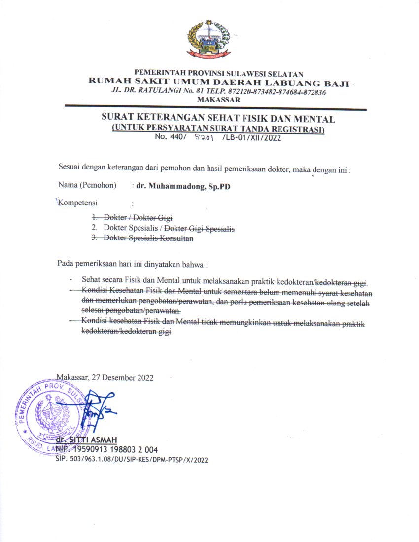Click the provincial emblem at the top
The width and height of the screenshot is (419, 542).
coord(209,39)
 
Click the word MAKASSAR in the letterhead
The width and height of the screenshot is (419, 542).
coord(218,100)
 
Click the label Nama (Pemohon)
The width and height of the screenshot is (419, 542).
coord(87,186)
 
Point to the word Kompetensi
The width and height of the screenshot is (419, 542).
coord(78,203)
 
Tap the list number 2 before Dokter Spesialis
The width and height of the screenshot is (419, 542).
coord(93,228)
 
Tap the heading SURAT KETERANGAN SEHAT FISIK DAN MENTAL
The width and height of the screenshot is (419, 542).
coord(218,119)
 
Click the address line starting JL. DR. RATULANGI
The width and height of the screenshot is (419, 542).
coord(218,92)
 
